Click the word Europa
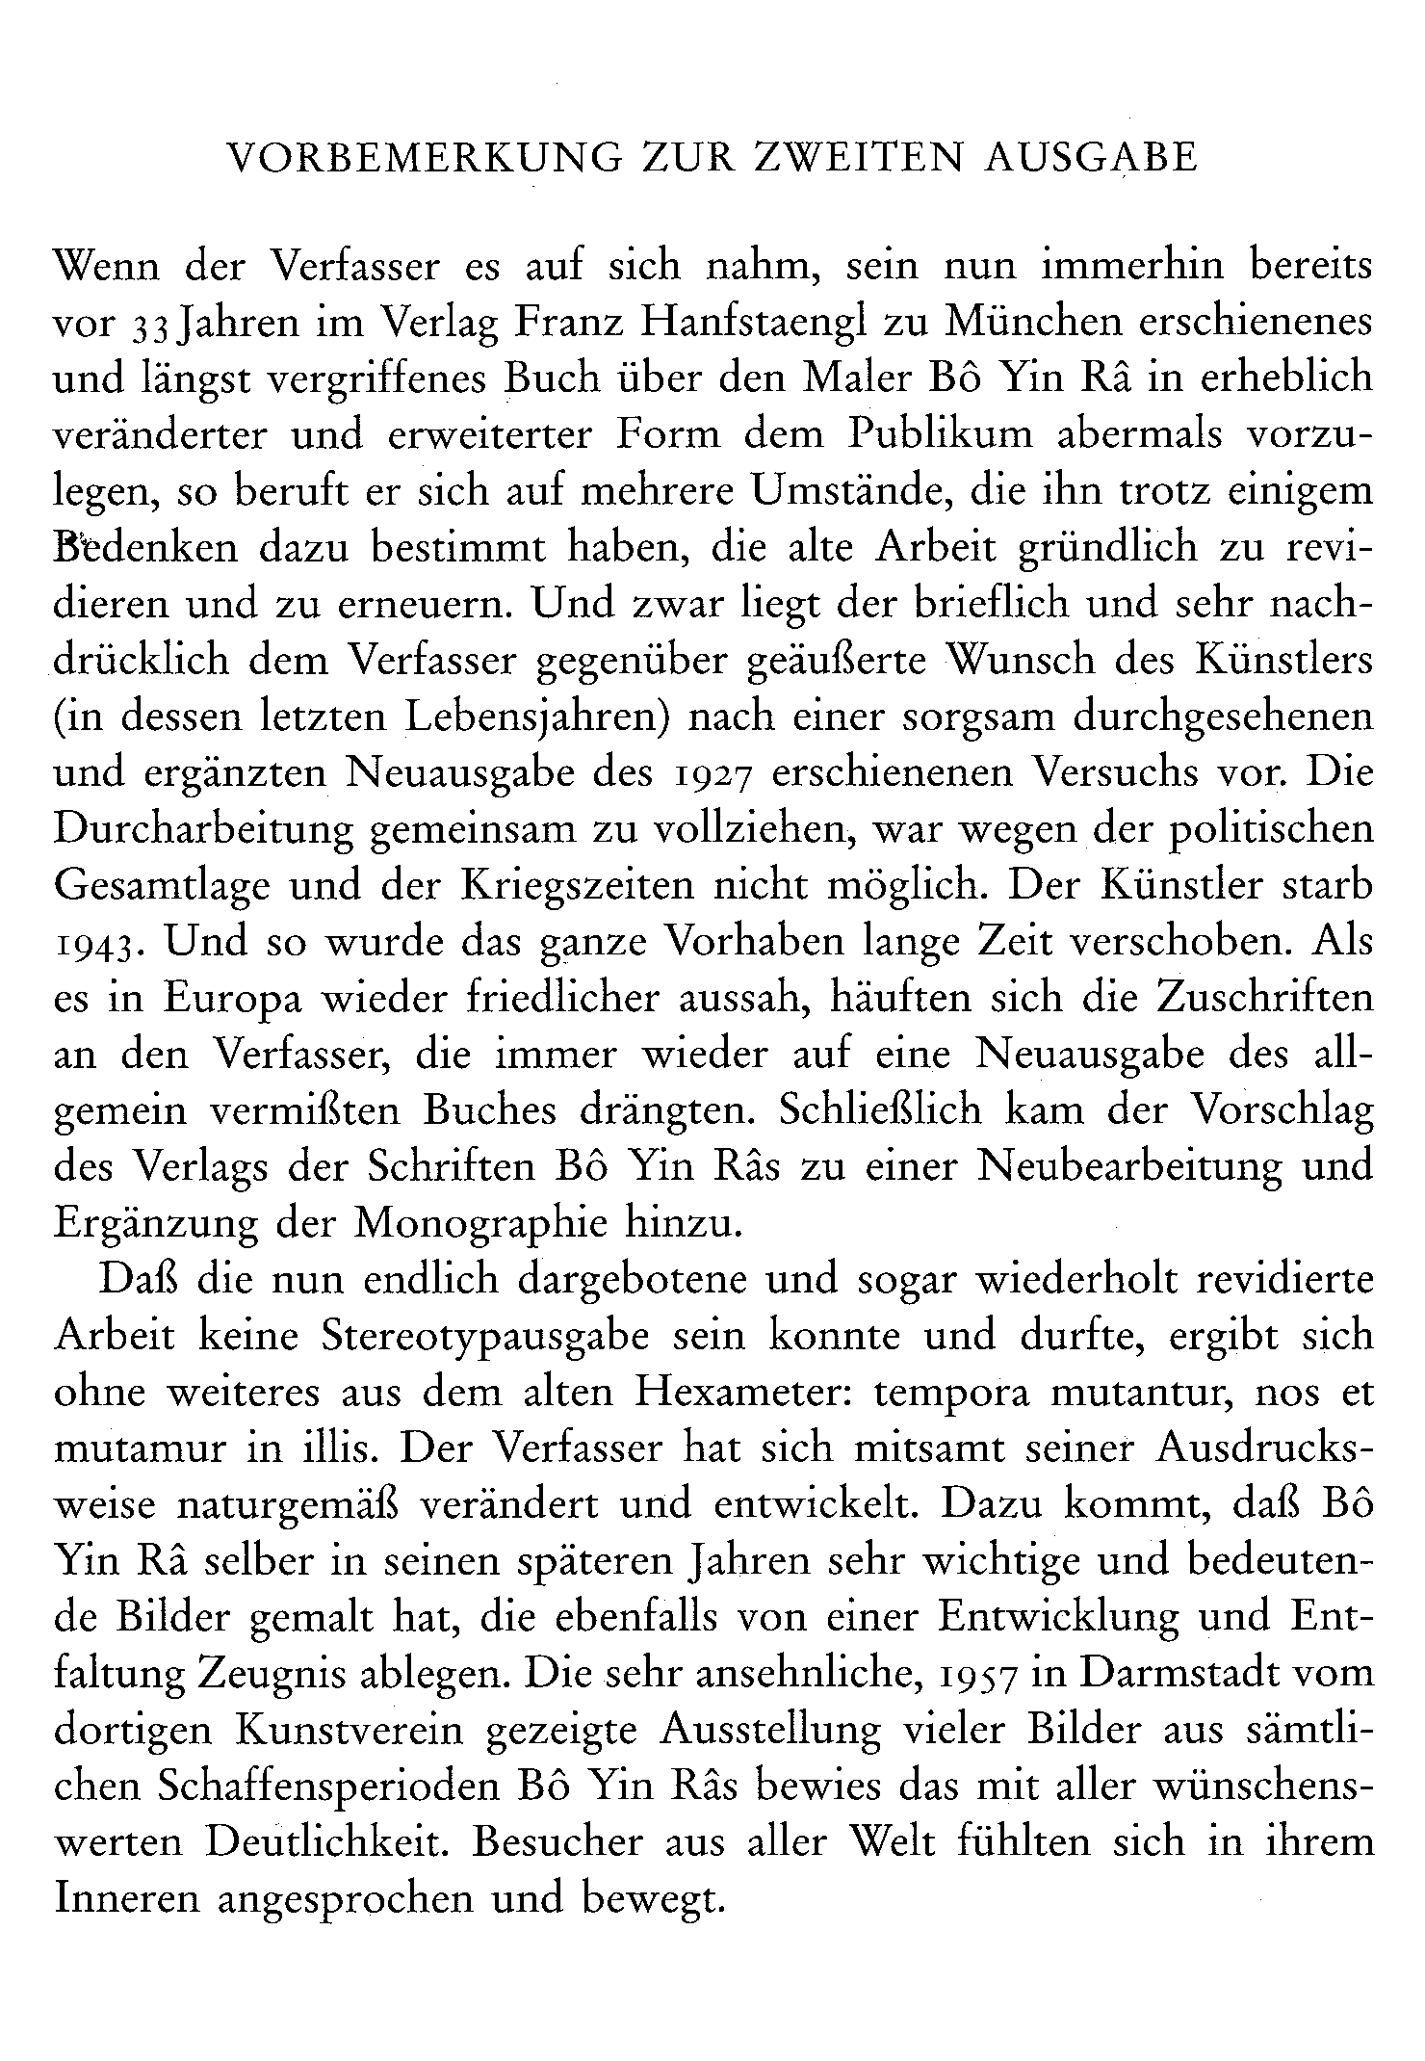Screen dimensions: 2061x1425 coord(232,1000)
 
